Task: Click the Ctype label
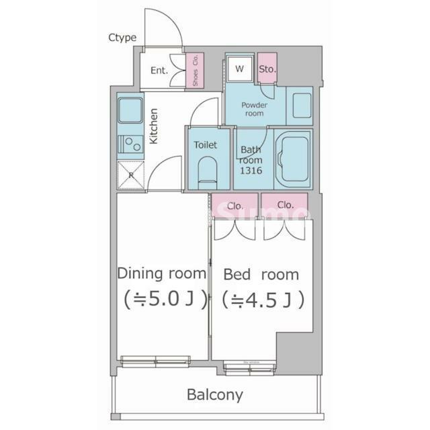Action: coord(122,38)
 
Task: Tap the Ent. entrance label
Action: coord(159,70)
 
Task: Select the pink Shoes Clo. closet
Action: coord(195,70)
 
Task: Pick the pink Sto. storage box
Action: coord(267,69)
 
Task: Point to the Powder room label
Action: coord(254,109)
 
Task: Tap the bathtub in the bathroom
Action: coord(293,158)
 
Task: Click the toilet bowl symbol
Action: coord(207,171)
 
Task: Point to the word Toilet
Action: coord(205,144)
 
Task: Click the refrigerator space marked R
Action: coord(130,176)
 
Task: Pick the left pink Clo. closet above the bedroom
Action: coord(235,205)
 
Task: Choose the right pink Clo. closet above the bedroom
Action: coord(285,204)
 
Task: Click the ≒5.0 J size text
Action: coord(162,299)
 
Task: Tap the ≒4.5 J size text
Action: coord(262,299)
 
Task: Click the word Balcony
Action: coord(215,394)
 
